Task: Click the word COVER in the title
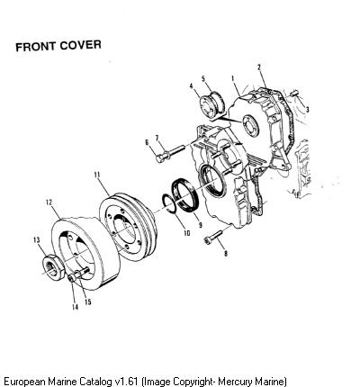(80, 45)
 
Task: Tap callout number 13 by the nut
(37, 240)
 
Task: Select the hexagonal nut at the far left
(53, 266)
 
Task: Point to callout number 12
(49, 202)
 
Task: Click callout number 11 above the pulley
(96, 175)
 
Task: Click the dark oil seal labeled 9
(184, 195)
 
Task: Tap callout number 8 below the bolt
(226, 254)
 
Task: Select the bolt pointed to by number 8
(213, 237)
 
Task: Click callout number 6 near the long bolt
(147, 142)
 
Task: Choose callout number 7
(157, 138)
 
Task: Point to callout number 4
(191, 86)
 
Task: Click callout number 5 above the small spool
(203, 78)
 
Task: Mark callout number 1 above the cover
(233, 78)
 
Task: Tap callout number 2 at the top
(259, 67)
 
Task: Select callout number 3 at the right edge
(307, 110)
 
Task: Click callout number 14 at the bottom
(75, 307)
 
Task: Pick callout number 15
(87, 301)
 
